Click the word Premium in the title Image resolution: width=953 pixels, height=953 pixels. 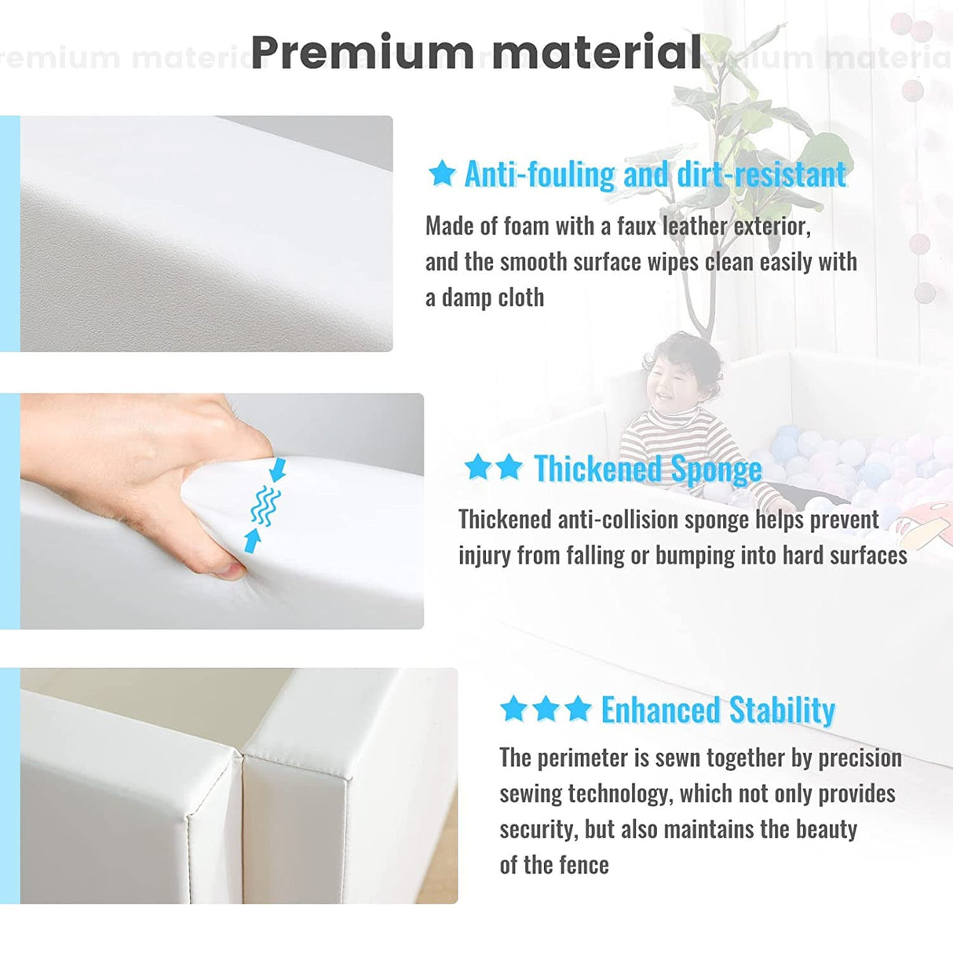[362, 53]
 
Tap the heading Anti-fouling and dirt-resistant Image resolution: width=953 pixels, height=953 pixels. [655, 174]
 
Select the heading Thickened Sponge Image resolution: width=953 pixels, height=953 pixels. [648, 469]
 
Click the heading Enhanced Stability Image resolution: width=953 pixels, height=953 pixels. [718, 710]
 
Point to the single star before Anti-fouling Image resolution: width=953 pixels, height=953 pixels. [442, 174]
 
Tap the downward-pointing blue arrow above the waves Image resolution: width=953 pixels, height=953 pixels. [279, 469]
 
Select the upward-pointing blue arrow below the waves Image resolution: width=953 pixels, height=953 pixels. [253, 541]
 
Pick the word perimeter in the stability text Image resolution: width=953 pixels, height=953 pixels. [586, 759]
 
